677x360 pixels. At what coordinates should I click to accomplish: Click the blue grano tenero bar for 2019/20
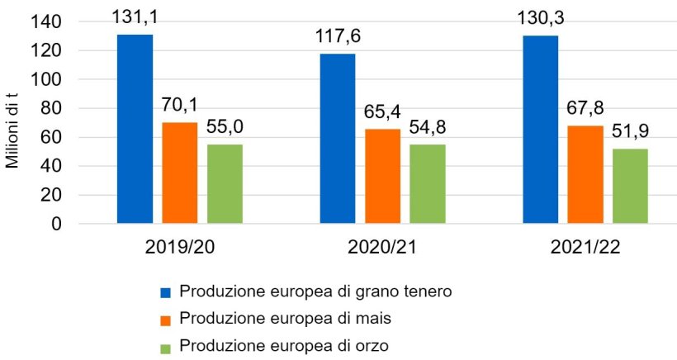tap(135, 129)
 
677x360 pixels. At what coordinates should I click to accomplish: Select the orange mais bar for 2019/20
tap(180, 173)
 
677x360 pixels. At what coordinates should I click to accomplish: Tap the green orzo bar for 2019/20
tap(225, 183)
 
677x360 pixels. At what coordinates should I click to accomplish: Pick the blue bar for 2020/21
tap(338, 139)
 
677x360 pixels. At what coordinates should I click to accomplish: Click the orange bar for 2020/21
tap(382, 176)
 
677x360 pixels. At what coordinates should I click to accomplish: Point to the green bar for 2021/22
tap(630, 186)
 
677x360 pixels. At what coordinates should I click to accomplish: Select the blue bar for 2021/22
tap(540, 130)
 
